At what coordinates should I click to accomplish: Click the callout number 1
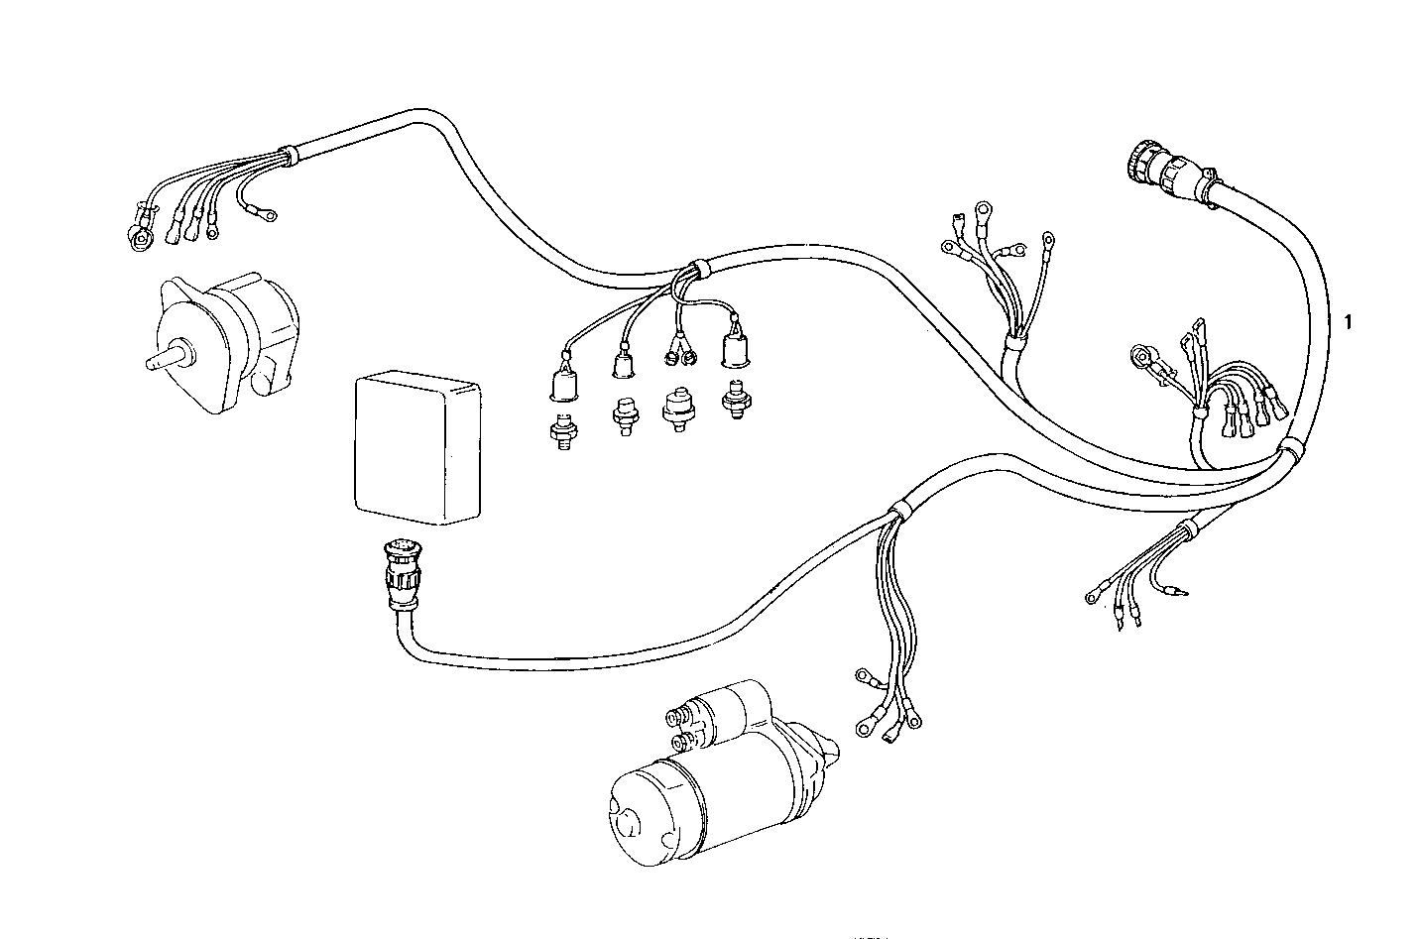(x=1348, y=321)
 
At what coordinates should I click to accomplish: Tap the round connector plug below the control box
(x=402, y=575)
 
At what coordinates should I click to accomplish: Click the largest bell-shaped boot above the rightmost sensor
(x=734, y=347)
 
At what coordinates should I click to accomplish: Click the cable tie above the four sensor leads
(x=693, y=268)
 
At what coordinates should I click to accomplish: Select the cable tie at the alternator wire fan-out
(x=287, y=154)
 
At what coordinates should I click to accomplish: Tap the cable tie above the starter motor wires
(x=898, y=512)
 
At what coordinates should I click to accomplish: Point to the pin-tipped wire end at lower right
(x=1174, y=593)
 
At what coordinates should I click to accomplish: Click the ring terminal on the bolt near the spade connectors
(x=1144, y=354)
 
